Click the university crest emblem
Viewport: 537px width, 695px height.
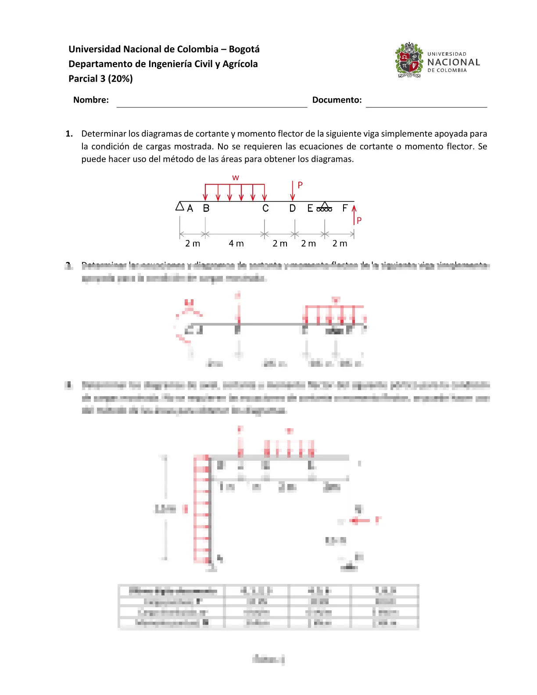[409, 60]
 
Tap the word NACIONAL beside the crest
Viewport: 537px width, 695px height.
[454, 62]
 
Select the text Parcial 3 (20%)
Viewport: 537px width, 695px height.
[100, 79]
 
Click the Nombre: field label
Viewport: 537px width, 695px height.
[91, 100]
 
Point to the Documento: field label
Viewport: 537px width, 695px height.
[337, 100]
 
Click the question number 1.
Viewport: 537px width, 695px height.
[69, 134]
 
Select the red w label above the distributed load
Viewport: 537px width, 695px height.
[236, 178]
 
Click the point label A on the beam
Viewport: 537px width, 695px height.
[190, 208]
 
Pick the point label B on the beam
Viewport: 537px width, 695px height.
[206, 208]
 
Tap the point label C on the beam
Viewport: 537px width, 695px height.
[265, 208]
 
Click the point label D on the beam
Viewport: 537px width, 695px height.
[293, 208]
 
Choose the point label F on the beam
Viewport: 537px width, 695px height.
[345, 208]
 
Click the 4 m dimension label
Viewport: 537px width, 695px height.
[236, 244]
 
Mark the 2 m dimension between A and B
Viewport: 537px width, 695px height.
[193, 244]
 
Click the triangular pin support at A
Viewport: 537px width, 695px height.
[180, 206]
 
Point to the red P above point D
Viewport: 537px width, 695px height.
[300, 185]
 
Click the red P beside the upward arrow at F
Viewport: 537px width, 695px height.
[359, 220]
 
